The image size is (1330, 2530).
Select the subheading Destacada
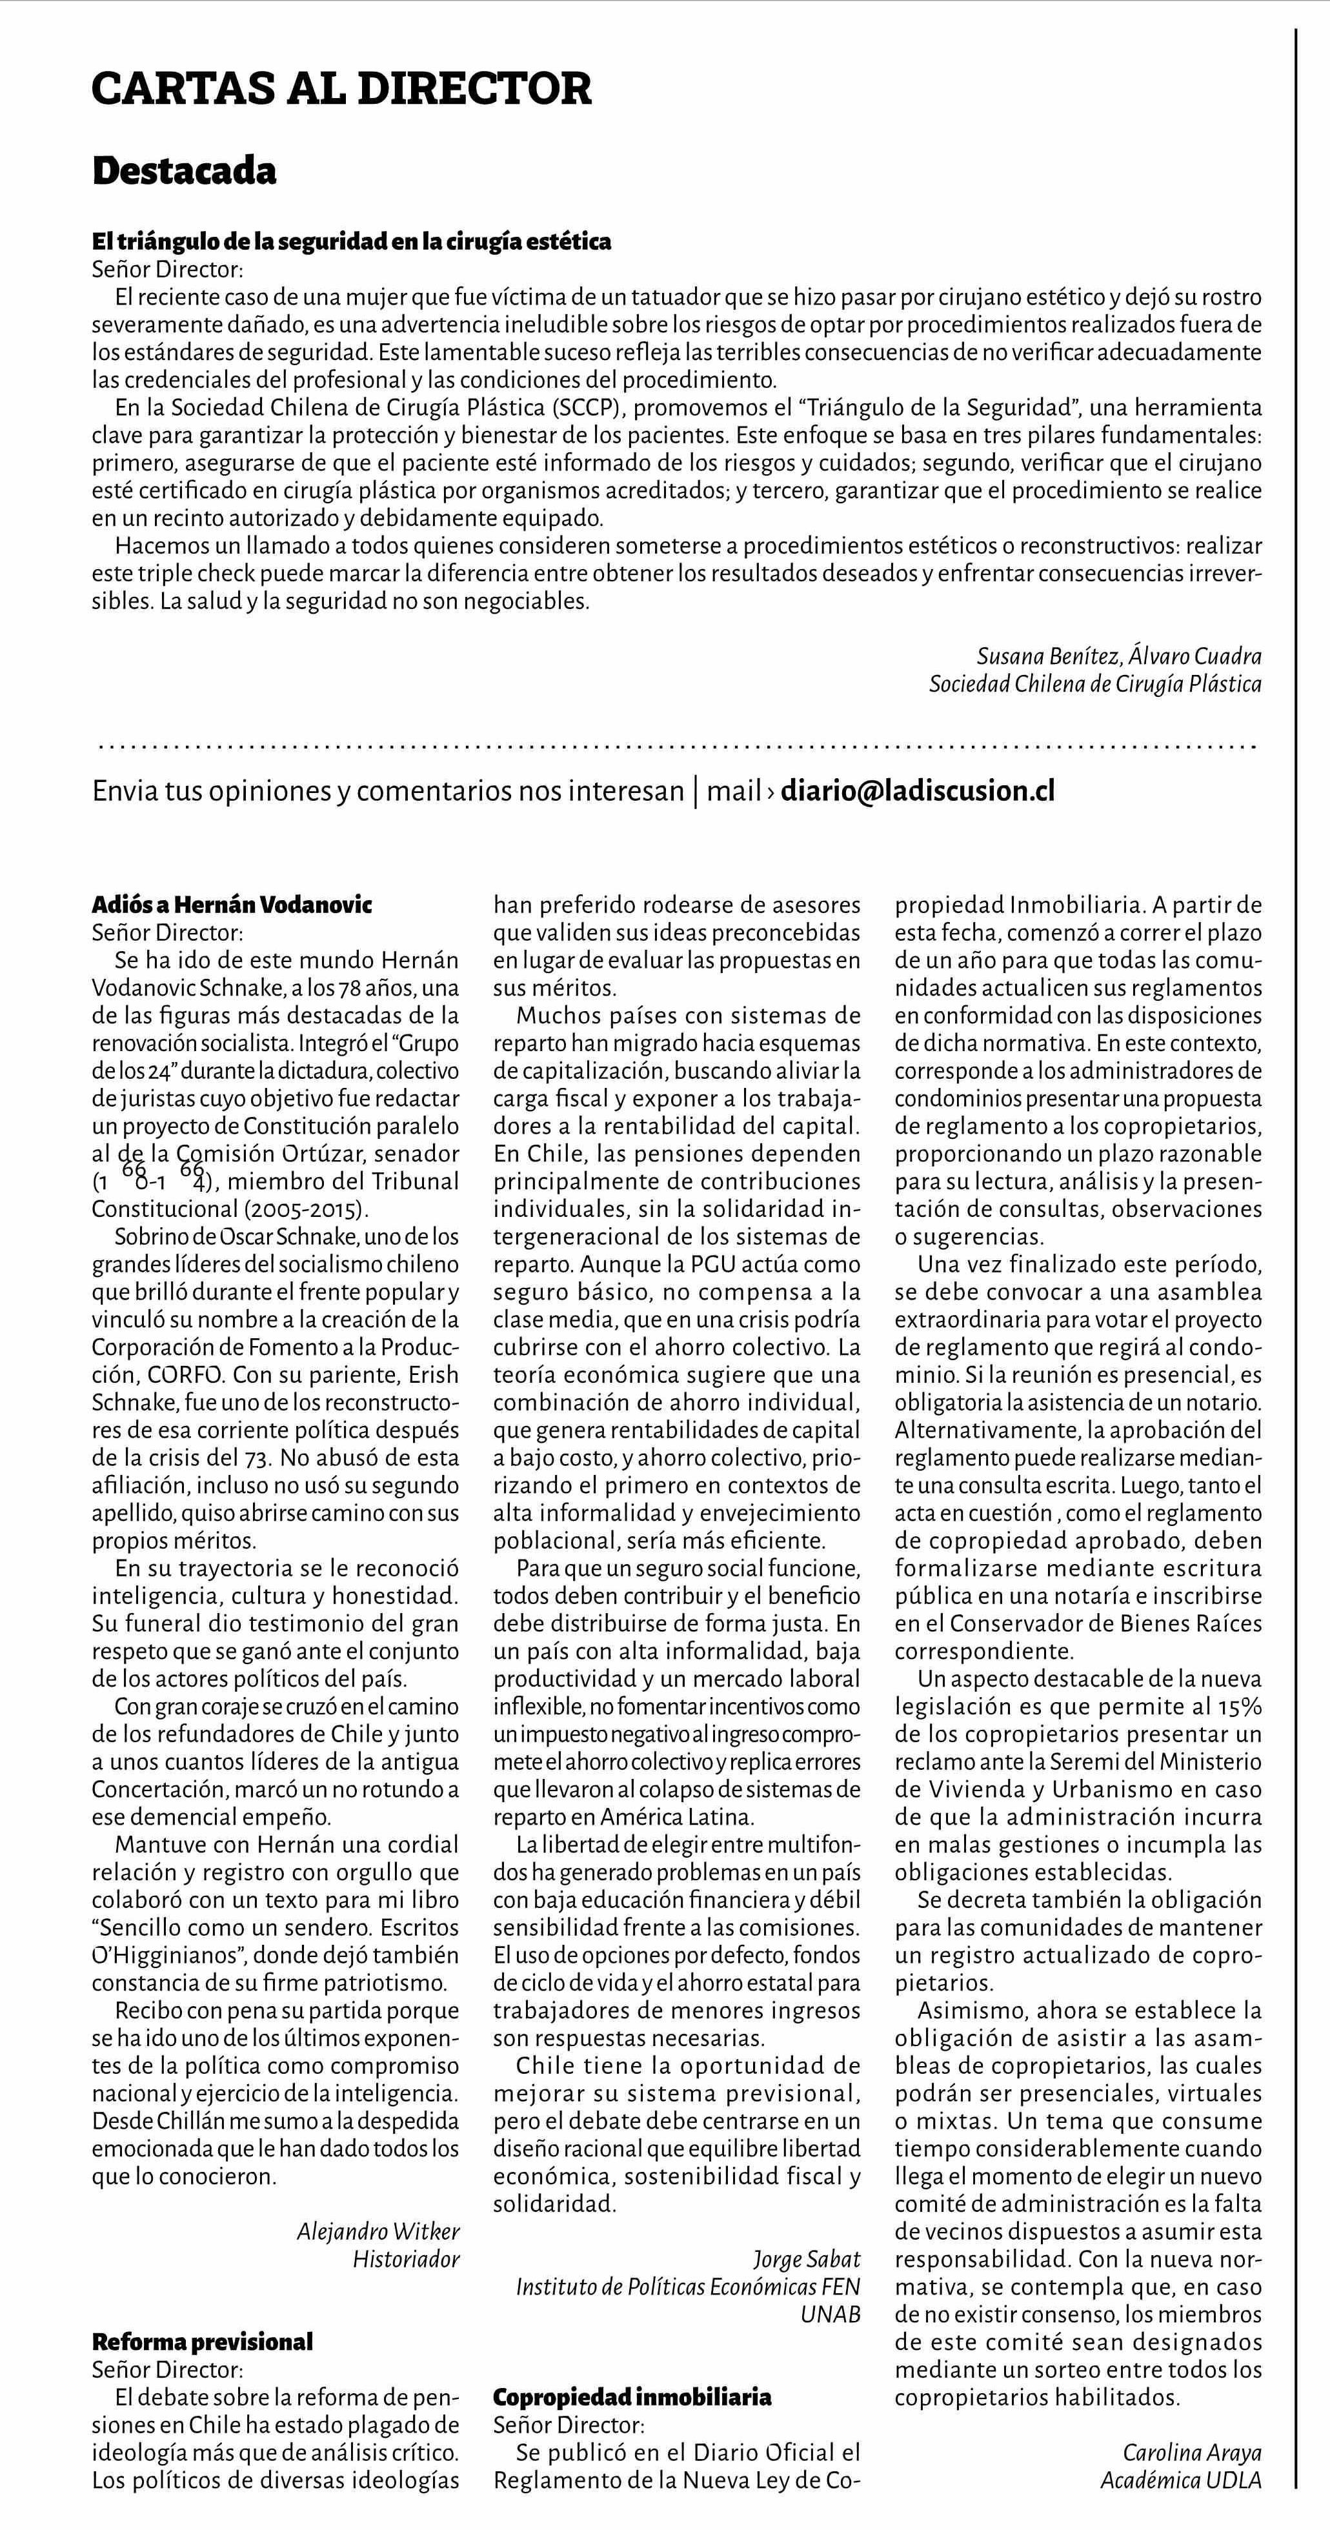tap(184, 171)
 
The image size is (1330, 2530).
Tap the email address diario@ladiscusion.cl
tap(918, 790)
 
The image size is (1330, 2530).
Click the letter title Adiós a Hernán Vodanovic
tap(232, 905)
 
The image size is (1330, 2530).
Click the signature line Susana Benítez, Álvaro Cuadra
tap(1119, 657)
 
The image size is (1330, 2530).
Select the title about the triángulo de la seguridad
tap(352, 241)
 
